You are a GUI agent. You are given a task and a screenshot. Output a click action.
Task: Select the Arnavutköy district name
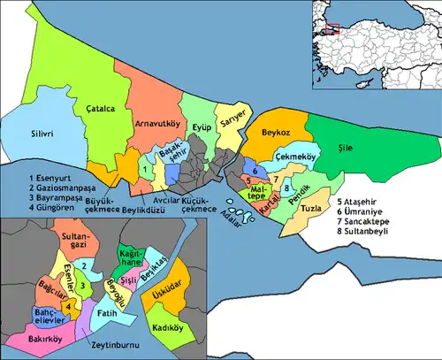157,123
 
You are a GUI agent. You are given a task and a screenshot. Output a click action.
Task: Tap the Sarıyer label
232,126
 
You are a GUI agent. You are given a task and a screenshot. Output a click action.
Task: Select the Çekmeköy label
297,156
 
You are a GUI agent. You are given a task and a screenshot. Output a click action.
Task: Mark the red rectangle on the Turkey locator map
331,28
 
